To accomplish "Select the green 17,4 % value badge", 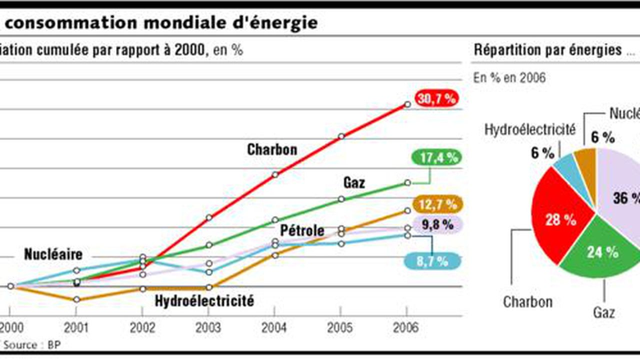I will point(437,158).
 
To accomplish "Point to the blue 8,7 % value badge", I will point(437,259).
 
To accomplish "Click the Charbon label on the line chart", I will point(272,150).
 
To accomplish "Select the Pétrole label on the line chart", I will point(302,231).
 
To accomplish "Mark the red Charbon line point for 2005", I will point(342,136).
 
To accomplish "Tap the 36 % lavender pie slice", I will point(620,200).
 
